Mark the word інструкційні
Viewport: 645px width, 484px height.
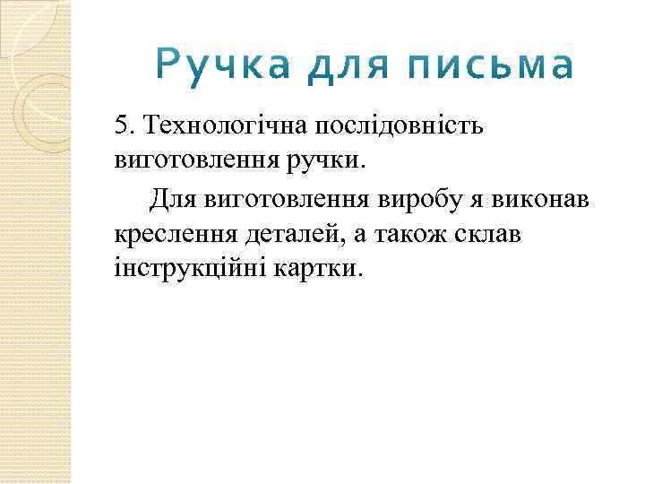[185, 269]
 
